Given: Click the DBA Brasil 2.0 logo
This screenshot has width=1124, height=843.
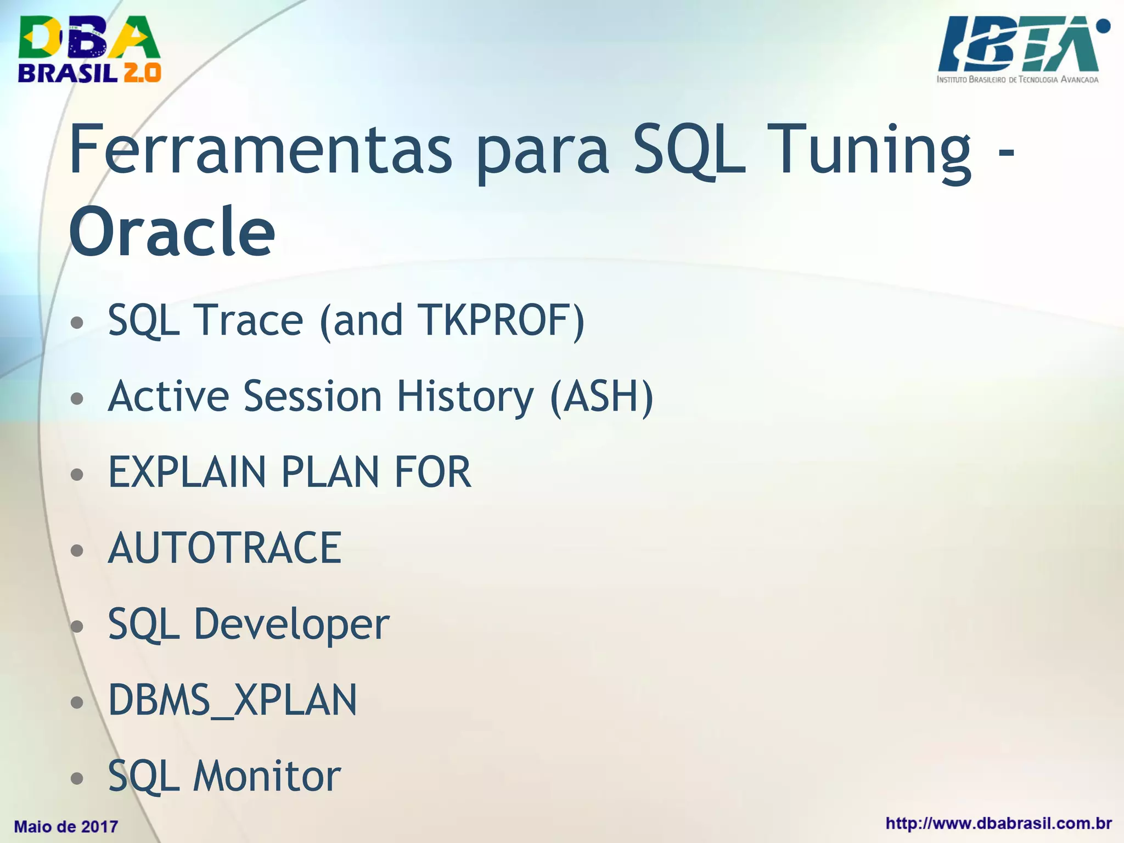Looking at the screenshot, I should (89, 49).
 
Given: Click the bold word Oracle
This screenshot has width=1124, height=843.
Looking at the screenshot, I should (172, 232).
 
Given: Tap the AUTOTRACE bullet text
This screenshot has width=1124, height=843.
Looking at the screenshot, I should (225, 548).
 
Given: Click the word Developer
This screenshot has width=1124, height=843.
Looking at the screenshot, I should (291, 625).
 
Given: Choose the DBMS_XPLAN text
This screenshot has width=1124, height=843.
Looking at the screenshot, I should (233, 700).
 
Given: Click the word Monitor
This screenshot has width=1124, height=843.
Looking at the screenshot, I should (267, 776).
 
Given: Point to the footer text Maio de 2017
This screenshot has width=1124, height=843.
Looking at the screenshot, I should (66, 827).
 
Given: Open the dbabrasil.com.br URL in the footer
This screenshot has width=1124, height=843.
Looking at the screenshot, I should (998, 824).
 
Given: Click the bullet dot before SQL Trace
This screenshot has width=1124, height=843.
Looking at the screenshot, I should (77, 322).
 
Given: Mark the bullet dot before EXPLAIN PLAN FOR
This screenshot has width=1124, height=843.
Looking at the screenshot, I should (77, 474).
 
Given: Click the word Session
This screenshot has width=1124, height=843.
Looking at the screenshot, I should (312, 396).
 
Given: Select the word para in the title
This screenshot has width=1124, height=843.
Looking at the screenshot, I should (542, 149).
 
